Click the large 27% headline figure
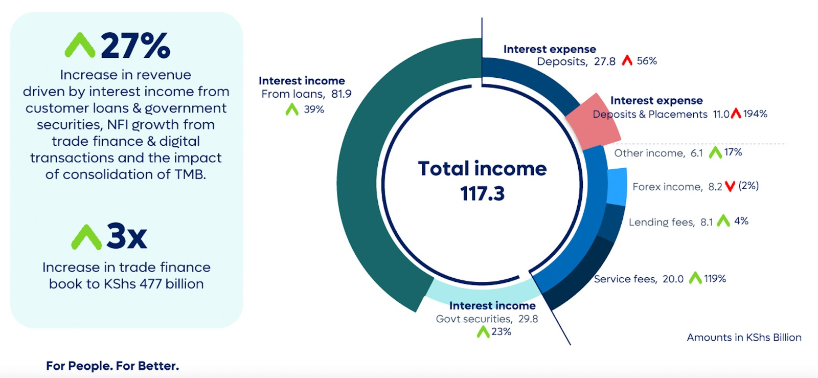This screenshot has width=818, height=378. (135, 46)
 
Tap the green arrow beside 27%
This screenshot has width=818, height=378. (80, 46)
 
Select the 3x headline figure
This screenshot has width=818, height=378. (127, 237)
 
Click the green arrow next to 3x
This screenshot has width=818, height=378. (86, 237)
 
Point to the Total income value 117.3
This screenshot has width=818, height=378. (483, 193)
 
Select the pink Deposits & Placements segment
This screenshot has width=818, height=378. (594, 122)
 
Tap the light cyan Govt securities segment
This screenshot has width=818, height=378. (482, 294)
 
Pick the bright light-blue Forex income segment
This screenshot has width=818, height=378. (617, 186)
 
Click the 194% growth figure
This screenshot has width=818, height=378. (755, 114)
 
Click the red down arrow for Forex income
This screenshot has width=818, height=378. (730, 187)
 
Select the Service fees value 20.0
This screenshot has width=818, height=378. (673, 279)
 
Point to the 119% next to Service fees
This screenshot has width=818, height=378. (715, 279)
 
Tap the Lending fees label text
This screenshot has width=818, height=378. (662, 222)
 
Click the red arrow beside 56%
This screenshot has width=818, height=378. (627, 60)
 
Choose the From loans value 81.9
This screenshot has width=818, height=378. (342, 94)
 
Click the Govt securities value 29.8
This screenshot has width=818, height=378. (528, 319)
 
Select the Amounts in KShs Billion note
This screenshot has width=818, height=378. (744, 337)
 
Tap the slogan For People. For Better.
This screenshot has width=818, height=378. (112, 366)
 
